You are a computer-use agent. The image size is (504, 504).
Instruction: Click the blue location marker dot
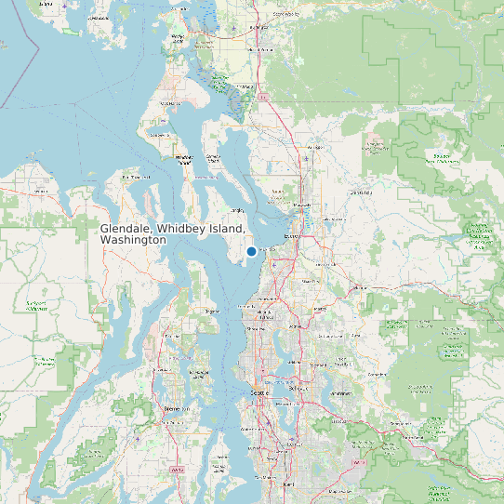pos(251,251)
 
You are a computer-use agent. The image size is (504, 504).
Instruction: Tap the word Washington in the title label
pos(133,240)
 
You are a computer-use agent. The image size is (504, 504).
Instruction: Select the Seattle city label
pos(259,393)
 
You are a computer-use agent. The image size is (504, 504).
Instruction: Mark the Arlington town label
pos(314,147)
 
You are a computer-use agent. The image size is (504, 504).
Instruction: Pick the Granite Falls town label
pos(359,192)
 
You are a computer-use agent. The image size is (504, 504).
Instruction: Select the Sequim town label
pos(40,192)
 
